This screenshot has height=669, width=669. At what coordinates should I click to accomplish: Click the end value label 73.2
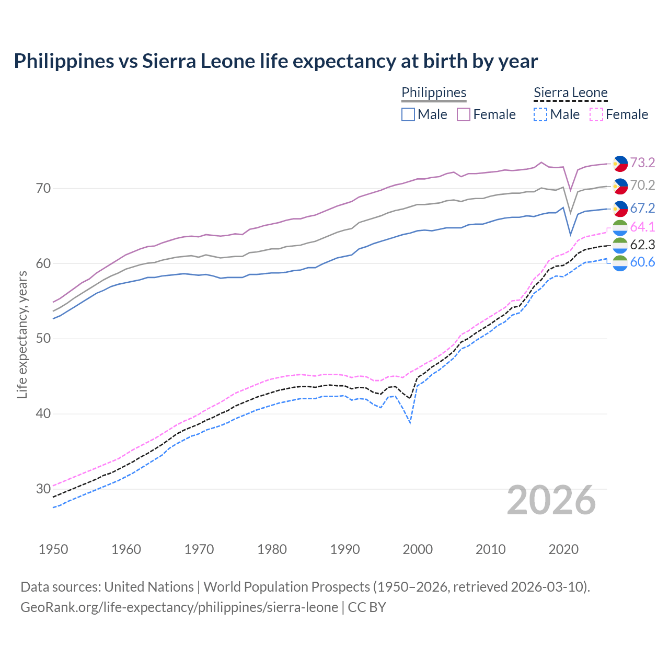click(x=642, y=163)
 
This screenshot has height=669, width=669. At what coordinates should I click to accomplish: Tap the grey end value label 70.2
click(x=642, y=185)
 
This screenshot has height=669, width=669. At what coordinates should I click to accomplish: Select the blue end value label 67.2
click(x=642, y=208)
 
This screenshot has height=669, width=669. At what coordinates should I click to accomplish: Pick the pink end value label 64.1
click(x=642, y=227)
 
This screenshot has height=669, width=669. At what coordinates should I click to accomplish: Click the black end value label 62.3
click(x=642, y=245)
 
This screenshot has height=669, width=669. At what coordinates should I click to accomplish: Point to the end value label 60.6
click(x=642, y=262)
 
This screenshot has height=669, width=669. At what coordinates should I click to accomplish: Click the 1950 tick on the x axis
click(x=53, y=549)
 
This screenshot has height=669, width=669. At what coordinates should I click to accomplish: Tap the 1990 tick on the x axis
click(x=345, y=549)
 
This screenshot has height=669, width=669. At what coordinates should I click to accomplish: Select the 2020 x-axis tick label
click(x=563, y=549)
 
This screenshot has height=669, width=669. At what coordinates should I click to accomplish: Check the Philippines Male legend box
click(x=408, y=114)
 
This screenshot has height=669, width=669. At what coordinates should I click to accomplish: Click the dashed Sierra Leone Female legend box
click(x=596, y=114)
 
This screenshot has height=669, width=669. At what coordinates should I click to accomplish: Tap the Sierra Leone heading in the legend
click(x=570, y=93)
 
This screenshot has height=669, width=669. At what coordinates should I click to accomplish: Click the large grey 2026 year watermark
click(x=551, y=500)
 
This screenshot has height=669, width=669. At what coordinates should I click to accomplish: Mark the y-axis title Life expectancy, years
click(x=22, y=334)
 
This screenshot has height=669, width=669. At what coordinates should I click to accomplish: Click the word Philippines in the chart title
click(x=64, y=61)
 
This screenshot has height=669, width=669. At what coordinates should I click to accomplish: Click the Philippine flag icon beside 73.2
click(x=620, y=163)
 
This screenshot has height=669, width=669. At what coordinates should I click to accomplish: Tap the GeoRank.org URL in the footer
click(x=179, y=607)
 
